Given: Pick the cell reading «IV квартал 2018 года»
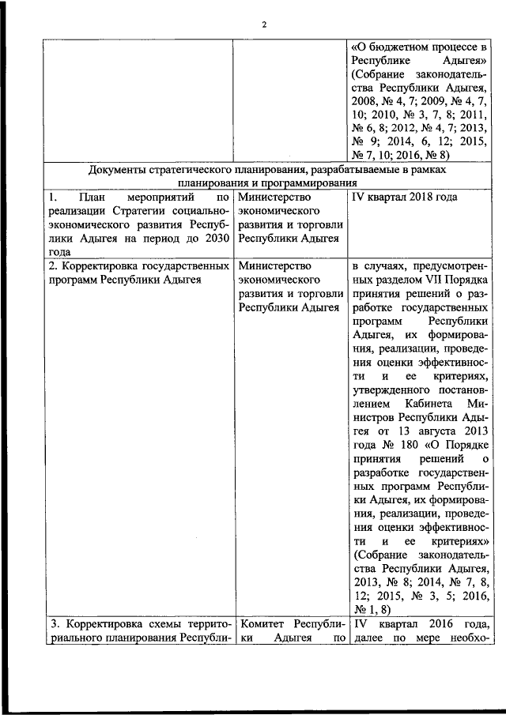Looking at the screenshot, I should [x=404, y=195].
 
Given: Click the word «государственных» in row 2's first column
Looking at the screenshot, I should [x=172, y=266].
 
